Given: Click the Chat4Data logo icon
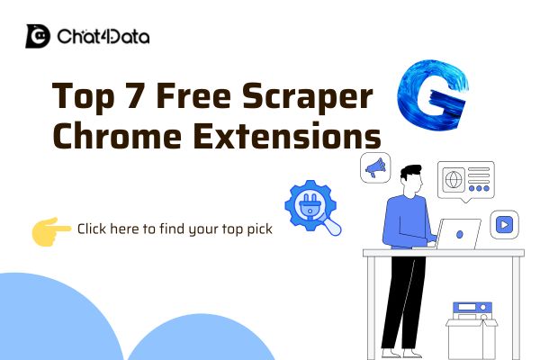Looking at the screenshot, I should pos(38,36).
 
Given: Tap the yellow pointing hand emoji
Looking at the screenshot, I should pos(50,229).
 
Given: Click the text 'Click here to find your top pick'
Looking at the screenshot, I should pos(175,229).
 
